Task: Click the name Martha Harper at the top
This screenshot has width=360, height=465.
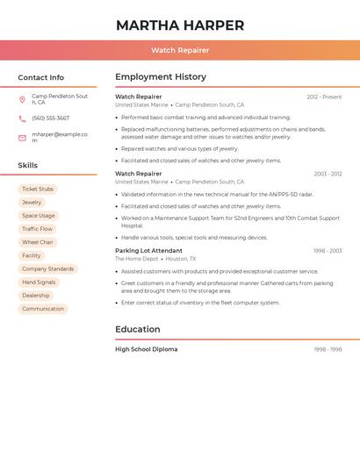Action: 180,25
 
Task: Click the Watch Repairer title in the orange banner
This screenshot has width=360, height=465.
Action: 180,50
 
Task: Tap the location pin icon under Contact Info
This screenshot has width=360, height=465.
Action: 22,99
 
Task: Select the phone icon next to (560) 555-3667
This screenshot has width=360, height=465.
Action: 22,118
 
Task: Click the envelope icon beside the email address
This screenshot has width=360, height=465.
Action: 22,138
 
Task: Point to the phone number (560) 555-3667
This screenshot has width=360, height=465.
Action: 50,118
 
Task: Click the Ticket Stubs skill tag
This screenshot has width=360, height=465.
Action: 38,190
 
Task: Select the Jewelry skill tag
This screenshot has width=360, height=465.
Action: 32,203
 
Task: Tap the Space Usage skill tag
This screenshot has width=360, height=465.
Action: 39,216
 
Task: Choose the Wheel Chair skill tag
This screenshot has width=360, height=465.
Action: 38,242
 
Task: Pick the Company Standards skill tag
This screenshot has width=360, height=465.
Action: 47,269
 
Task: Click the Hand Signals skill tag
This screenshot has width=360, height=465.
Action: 39,283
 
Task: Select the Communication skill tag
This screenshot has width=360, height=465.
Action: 43,309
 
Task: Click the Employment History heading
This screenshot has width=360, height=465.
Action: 161,77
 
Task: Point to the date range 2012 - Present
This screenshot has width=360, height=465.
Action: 324,97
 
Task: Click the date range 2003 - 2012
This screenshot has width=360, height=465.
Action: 328,174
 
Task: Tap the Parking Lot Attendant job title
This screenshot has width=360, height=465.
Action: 148,251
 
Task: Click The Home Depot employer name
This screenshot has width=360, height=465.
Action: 136,259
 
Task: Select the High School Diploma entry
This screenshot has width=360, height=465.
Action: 146,349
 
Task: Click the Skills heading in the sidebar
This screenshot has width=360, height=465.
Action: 28,165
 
